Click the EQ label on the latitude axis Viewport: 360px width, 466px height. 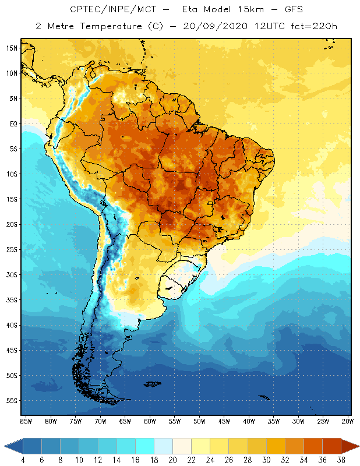[x=12, y=123]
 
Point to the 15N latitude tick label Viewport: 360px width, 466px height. [x=12, y=48]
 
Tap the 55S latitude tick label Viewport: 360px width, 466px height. [x=12, y=401]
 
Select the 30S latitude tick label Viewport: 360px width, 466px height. [x=12, y=274]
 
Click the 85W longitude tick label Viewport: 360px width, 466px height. [x=26, y=421]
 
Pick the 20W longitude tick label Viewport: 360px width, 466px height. [x=347, y=421]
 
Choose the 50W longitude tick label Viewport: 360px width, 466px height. [x=199, y=421]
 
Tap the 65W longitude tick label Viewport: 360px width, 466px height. [x=125, y=421]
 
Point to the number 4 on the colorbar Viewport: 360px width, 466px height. [x=23, y=460]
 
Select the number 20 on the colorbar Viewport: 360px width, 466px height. [x=172, y=460]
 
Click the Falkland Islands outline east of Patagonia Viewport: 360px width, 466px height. [x=153, y=383]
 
